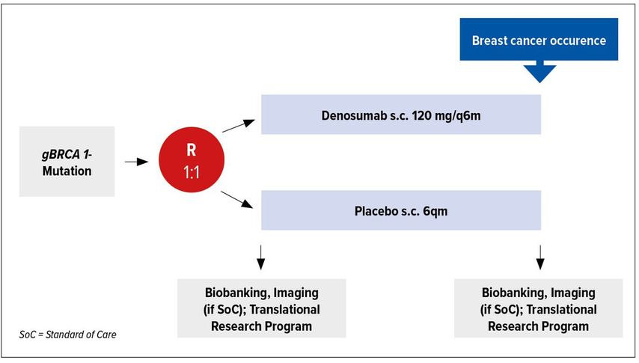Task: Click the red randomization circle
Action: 192,159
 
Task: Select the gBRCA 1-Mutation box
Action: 67,162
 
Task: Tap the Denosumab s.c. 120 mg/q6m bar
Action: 401,115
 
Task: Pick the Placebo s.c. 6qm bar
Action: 401,210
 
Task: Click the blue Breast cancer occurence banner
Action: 539,39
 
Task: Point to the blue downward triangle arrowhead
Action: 540,73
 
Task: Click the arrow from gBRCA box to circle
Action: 136,162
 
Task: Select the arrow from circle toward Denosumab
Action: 239,126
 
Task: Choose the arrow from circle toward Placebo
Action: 236,199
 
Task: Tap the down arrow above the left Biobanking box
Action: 261,257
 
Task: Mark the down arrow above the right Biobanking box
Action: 540,257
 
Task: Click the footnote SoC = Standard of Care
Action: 67,335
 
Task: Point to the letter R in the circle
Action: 192,150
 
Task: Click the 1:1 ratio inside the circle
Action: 192,173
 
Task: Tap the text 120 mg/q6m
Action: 446,116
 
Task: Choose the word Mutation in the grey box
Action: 67,171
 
